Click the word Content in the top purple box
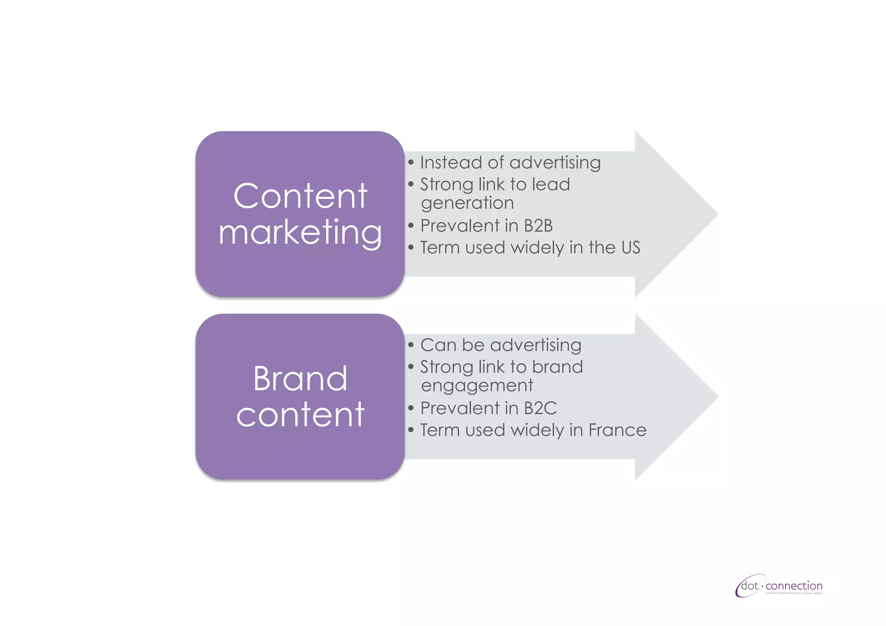click(x=300, y=196)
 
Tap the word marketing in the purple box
click(x=300, y=233)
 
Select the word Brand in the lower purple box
click(x=300, y=379)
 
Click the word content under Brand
click(x=300, y=415)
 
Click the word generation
click(x=467, y=203)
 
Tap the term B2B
click(x=538, y=226)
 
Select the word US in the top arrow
click(x=630, y=247)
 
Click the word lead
click(x=551, y=184)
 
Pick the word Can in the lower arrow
click(x=438, y=345)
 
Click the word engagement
click(x=477, y=385)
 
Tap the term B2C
click(x=540, y=408)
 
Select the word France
click(x=617, y=430)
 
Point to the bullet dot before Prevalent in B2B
click(x=411, y=225)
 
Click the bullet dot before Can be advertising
click(x=411, y=345)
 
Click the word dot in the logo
click(x=750, y=586)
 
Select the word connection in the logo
click(x=794, y=586)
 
